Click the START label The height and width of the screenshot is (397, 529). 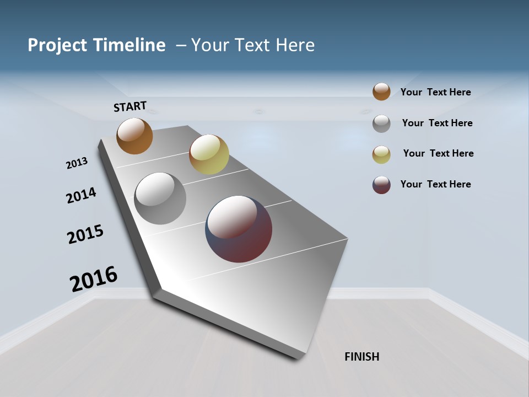tap(131, 106)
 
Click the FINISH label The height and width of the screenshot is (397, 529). tap(362, 357)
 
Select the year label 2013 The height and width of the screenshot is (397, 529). tap(77, 163)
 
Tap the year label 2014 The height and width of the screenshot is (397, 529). tap(81, 195)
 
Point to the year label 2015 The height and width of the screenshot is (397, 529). tap(85, 234)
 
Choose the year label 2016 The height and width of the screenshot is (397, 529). tap(94, 279)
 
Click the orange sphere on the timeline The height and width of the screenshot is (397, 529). tap(134, 136)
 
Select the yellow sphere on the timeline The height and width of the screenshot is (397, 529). tap(209, 154)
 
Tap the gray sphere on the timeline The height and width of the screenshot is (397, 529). tap(160, 198)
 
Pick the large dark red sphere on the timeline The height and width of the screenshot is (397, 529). tap(239, 229)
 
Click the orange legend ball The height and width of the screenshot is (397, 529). tap(381, 92)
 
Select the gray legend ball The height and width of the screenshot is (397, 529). tap(381, 124)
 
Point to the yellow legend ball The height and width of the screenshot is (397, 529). tap(381, 154)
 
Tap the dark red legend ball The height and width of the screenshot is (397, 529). tap(381, 185)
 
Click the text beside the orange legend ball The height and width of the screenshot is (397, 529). tap(436, 92)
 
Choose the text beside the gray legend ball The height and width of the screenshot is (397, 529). tap(438, 123)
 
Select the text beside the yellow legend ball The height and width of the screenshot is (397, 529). tap(439, 153)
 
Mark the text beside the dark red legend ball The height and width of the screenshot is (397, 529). tap(436, 184)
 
